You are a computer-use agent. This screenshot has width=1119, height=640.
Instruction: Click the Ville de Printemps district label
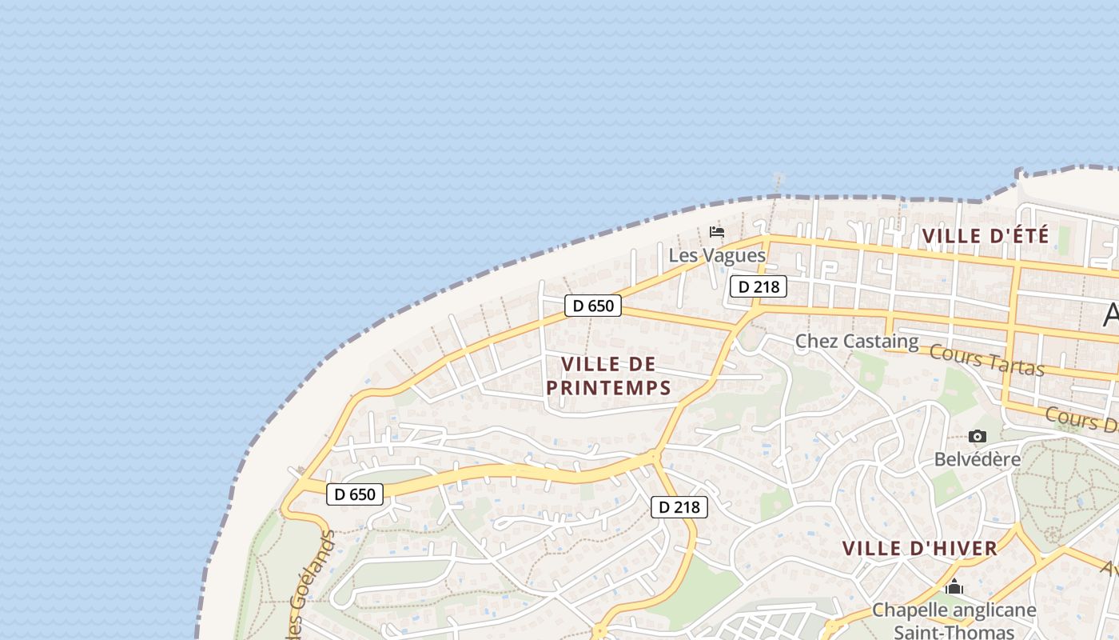(608, 376)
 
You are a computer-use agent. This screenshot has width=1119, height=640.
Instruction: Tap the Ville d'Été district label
(985, 236)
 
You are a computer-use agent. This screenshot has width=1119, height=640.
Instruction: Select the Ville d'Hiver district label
(919, 549)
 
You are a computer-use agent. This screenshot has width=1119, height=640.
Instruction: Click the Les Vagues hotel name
(717, 256)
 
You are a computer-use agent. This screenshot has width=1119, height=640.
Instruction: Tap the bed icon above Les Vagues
(717, 232)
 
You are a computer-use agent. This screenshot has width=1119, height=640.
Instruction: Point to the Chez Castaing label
(857, 342)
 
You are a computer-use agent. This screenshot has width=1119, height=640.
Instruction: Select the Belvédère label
(978, 459)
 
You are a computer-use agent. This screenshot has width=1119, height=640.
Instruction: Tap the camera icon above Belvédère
(977, 437)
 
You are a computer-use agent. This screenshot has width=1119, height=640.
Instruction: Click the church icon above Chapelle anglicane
(954, 588)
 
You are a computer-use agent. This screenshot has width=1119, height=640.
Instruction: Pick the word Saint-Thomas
(954, 631)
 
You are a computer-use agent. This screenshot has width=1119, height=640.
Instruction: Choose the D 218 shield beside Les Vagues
(758, 286)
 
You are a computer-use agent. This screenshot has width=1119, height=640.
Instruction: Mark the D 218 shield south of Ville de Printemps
(679, 506)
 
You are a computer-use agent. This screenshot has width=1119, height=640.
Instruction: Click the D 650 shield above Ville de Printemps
(592, 306)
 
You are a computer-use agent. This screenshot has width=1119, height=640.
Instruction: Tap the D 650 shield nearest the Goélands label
(355, 494)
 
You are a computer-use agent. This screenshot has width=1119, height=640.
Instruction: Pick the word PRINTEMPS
(608, 388)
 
